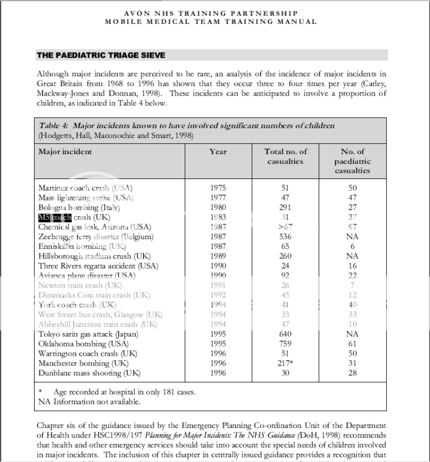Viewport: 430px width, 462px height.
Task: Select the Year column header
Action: pyautogui.click(x=218, y=152)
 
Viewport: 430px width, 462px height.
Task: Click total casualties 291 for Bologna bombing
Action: pyautogui.click(x=285, y=207)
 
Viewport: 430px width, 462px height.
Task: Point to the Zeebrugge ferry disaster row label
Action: pyautogui.click(x=96, y=237)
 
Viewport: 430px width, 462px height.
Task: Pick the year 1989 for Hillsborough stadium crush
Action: pyautogui.click(x=218, y=256)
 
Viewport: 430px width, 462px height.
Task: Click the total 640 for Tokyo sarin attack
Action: pyautogui.click(x=285, y=333)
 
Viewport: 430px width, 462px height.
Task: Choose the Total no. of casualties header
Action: pyautogui.click(x=285, y=157)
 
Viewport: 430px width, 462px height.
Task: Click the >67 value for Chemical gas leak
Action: pyautogui.click(x=285, y=227)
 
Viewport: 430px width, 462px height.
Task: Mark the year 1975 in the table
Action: pyautogui.click(x=218, y=188)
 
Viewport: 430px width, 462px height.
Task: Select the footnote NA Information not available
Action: pyautogui.click(x=89, y=401)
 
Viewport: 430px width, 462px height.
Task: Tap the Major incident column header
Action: pyautogui.click(x=65, y=152)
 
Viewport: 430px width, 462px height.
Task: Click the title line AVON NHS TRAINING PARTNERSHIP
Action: pyautogui.click(x=211, y=13)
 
